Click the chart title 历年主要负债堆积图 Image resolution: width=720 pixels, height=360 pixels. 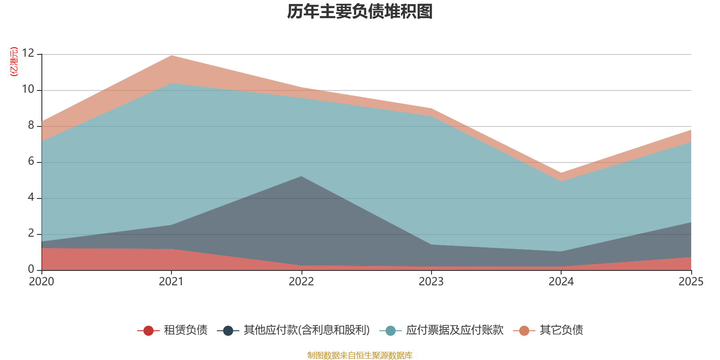360,12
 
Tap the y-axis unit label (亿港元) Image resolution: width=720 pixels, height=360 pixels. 14,61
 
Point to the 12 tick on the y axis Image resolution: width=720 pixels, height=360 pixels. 28,53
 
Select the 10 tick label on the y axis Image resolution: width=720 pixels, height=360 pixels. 28,89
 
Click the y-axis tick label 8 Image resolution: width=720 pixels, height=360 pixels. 31,125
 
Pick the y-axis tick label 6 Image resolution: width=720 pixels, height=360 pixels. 31,161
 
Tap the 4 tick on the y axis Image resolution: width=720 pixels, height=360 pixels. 31,197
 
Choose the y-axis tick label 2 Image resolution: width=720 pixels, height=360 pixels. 31,233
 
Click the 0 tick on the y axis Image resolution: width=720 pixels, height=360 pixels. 31,269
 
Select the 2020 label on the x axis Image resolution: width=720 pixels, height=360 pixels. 41,282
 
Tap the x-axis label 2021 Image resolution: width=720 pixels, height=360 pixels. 171,282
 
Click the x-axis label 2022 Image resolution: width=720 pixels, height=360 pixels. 301,282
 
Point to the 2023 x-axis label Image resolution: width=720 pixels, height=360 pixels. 431,282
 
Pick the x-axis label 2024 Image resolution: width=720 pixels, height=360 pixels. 561,282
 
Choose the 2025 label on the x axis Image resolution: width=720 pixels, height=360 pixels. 691,282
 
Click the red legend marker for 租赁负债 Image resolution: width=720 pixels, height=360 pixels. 148,330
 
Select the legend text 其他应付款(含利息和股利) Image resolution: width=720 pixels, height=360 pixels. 306,330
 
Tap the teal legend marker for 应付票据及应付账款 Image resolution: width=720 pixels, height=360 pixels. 391,330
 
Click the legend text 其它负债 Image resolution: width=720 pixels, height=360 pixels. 561,330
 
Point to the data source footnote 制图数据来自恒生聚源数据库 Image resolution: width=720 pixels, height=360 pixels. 360,355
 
